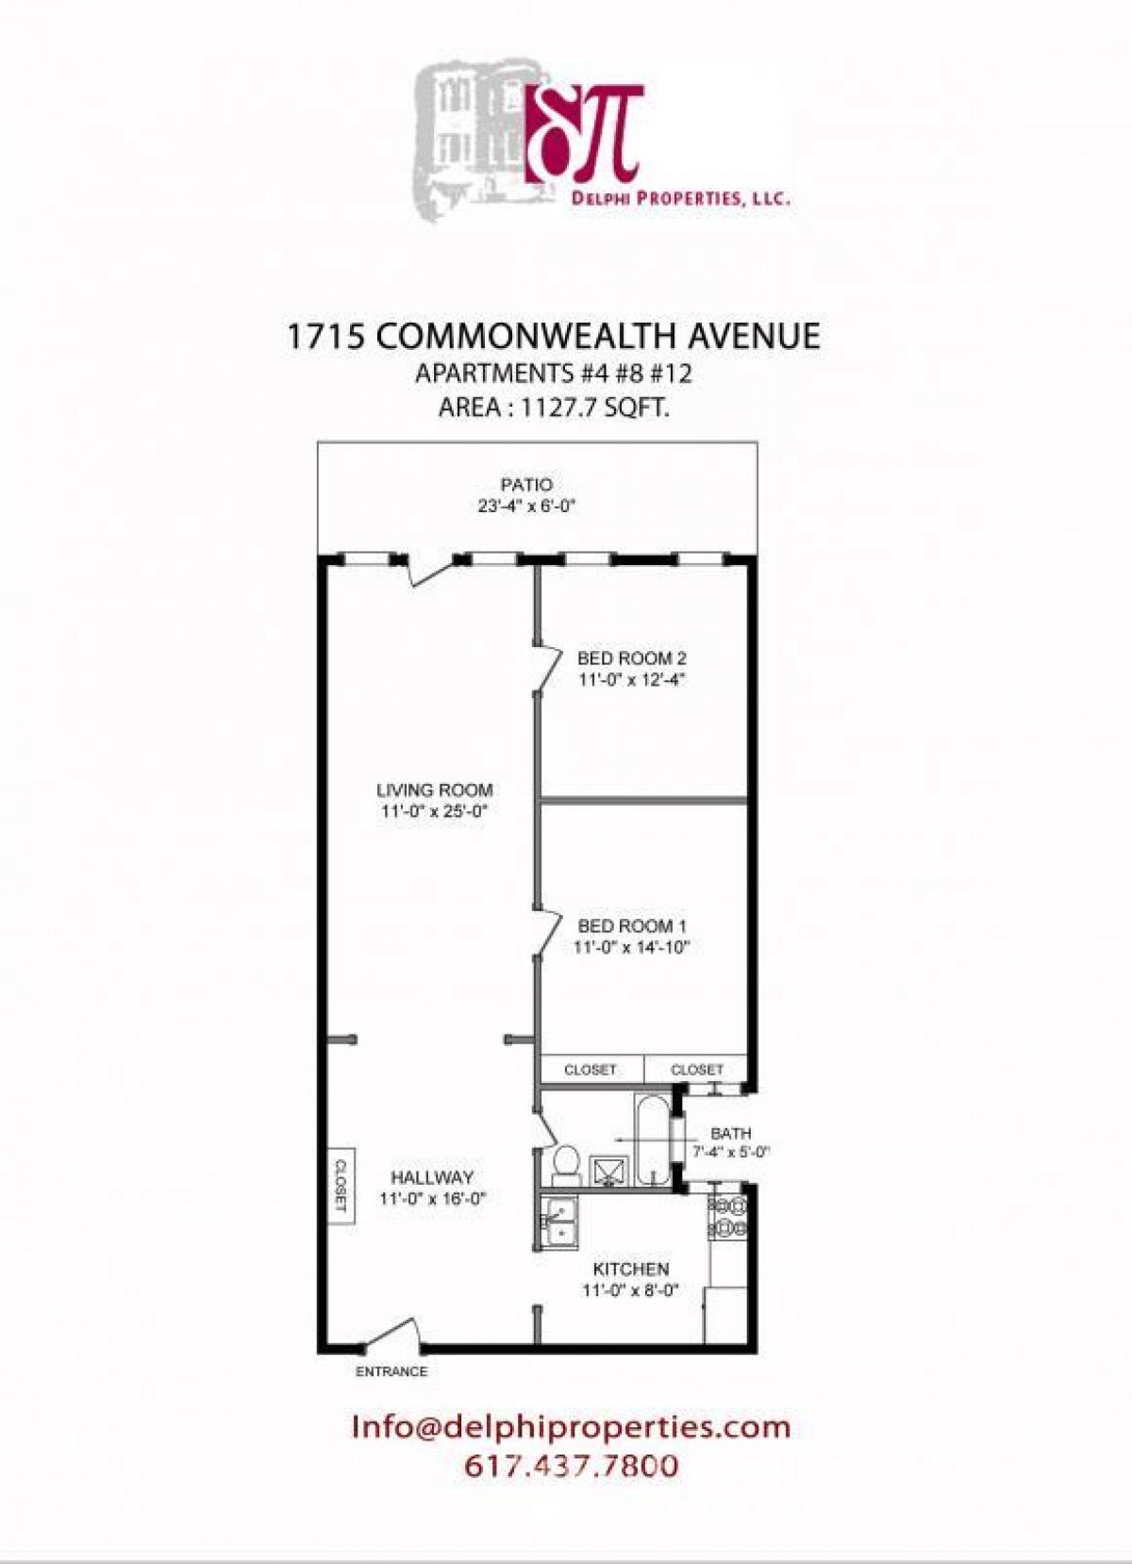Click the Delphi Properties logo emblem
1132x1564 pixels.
point(586,132)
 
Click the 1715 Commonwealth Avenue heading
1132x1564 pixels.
point(553,337)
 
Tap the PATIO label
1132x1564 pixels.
point(526,485)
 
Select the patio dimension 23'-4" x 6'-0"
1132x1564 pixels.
point(526,506)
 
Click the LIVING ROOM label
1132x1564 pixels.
point(434,790)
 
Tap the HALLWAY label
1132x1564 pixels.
point(432,1177)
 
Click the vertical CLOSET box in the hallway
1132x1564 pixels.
point(341,1186)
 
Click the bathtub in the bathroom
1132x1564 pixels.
point(651,1140)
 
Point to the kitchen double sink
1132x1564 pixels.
point(558,1223)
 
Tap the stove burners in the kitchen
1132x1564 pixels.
point(728,1217)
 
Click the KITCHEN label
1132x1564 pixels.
point(630,1270)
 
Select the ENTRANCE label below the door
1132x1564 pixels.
point(391,1372)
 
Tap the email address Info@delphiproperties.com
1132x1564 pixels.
point(571,1426)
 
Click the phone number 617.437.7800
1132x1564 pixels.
point(571,1466)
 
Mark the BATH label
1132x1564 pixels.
point(731,1133)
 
